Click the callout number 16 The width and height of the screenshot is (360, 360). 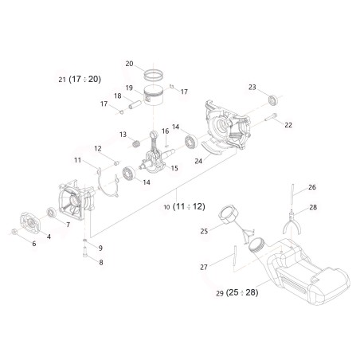click(x=166, y=130)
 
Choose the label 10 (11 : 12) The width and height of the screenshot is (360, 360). click(x=184, y=206)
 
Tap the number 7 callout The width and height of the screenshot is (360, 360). click(x=68, y=225)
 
